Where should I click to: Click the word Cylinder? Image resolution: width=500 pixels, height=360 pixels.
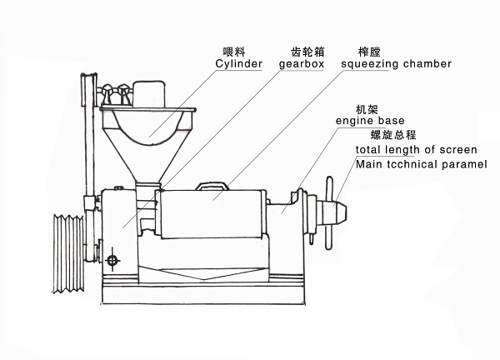[x=239, y=63]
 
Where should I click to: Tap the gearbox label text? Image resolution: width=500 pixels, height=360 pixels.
[x=302, y=63]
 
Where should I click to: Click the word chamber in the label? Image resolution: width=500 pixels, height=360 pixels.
[x=428, y=63]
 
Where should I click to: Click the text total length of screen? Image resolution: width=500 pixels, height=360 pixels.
[x=416, y=150]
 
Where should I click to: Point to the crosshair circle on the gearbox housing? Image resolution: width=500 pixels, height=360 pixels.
[x=115, y=259]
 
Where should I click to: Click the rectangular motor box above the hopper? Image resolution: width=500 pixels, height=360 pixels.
[x=151, y=91]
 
